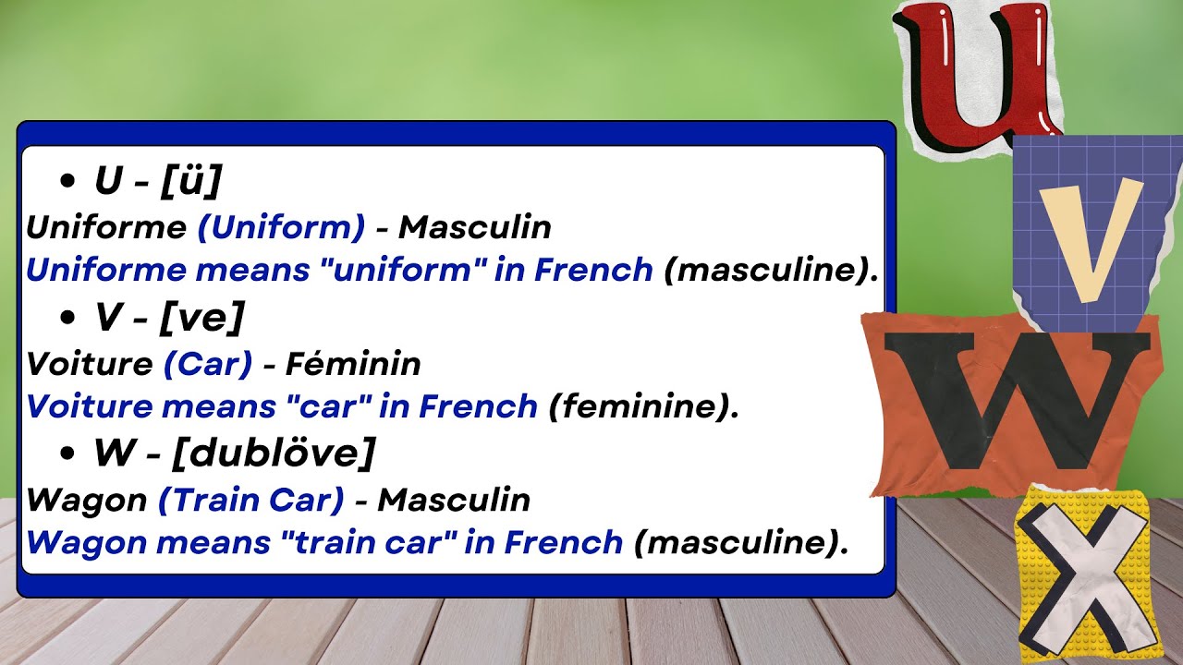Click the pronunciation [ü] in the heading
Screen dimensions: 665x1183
[x=190, y=182]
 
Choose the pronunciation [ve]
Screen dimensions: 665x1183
[x=201, y=319]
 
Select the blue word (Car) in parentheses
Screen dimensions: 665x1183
[x=208, y=364]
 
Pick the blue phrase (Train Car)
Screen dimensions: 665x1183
[x=251, y=500]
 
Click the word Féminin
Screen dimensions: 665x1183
[x=353, y=364]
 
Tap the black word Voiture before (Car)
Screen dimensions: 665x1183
[x=89, y=364]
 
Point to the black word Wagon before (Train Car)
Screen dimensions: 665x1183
[x=87, y=500]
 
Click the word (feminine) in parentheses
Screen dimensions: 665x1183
[x=643, y=406]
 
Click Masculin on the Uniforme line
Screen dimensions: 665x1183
[x=475, y=227]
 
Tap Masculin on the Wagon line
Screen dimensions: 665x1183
[x=454, y=500]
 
